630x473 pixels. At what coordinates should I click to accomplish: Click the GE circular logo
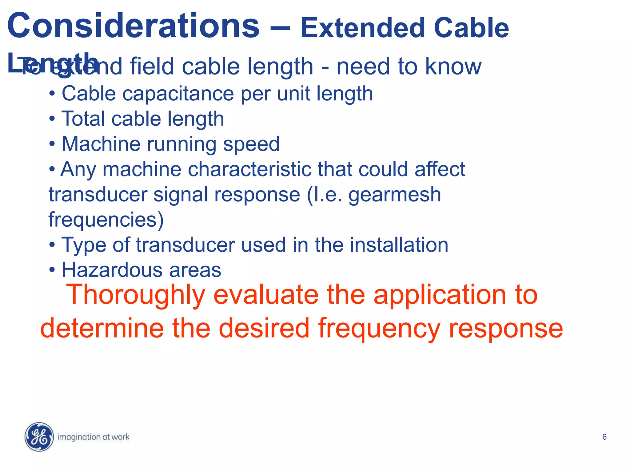click(39, 437)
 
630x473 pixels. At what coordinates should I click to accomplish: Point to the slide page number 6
click(604, 437)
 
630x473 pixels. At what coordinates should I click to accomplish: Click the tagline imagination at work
click(94, 437)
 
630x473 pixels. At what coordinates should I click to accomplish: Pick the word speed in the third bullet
click(251, 144)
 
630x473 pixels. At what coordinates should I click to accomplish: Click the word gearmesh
click(395, 195)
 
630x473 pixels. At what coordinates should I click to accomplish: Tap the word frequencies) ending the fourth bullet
click(106, 220)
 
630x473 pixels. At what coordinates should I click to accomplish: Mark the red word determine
click(102, 328)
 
